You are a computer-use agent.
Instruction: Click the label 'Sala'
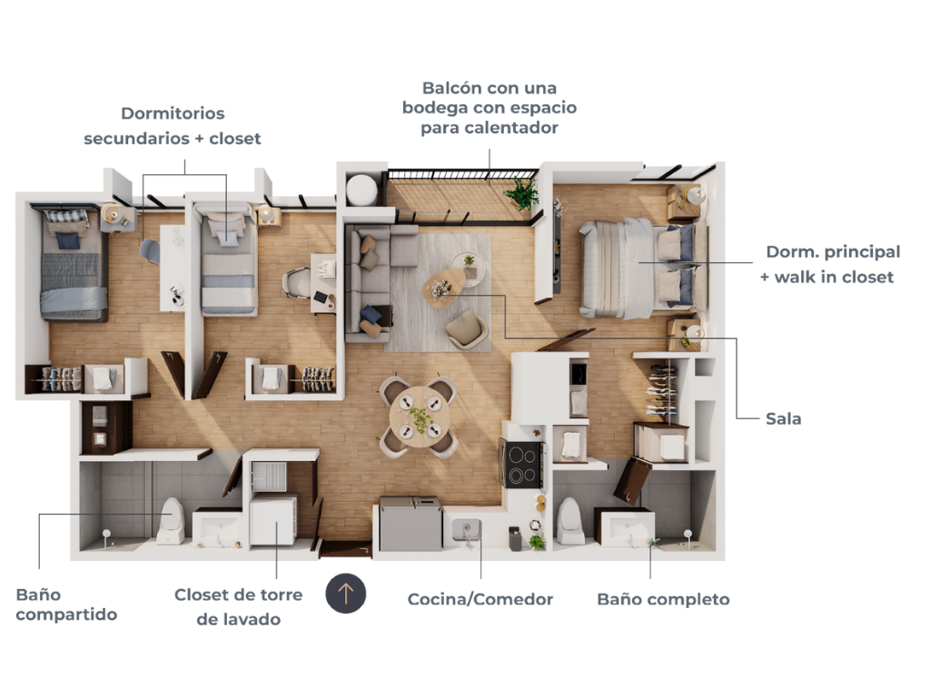[x=783, y=418]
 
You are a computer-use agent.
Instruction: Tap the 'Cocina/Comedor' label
[x=480, y=599]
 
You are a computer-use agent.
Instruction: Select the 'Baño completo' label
[x=663, y=599]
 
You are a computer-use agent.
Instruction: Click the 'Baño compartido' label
[x=65, y=604]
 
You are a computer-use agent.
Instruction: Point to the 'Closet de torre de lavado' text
[x=239, y=607]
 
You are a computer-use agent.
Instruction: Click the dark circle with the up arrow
[x=346, y=594]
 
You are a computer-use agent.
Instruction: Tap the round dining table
[x=420, y=417]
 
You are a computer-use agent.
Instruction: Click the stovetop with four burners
[x=521, y=464]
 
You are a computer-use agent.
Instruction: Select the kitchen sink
[x=467, y=529]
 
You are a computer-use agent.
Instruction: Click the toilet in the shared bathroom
[x=171, y=522]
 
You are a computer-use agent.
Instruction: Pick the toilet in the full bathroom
[x=569, y=521]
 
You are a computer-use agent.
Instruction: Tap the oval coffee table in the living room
[x=445, y=287]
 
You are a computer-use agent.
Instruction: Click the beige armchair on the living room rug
[x=467, y=329]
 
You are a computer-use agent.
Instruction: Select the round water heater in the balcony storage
[x=361, y=189]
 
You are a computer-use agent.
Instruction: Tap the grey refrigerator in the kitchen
[x=411, y=524]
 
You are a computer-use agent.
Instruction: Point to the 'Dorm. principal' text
[x=833, y=252]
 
